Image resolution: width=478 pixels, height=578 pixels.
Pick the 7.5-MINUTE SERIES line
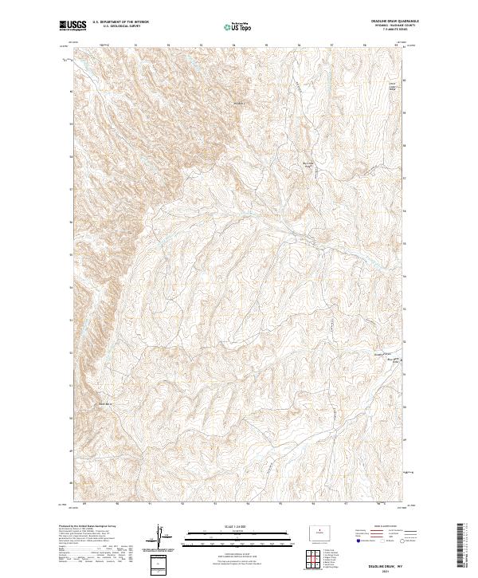(395, 30)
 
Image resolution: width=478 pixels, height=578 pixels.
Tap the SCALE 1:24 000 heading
(237, 526)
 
